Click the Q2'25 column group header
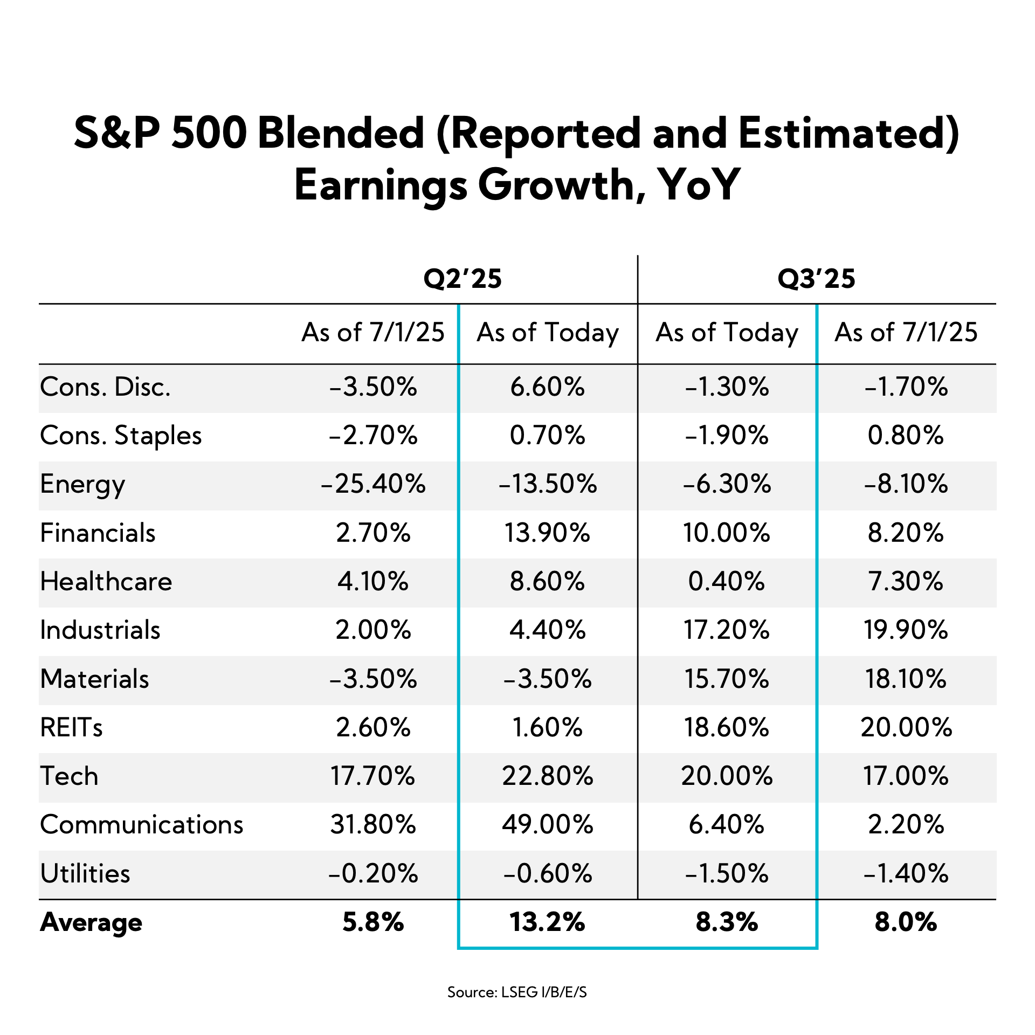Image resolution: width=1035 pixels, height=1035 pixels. [x=463, y=279]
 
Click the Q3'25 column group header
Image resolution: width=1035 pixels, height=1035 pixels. [x=816, y=279]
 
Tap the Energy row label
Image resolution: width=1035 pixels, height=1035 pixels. [x=82, y=484]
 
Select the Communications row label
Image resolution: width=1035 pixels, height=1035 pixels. [x=141, y=824]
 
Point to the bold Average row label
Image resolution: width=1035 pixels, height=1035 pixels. [x=91, y=922]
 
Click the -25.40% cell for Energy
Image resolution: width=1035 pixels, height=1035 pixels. [x=373, y=484]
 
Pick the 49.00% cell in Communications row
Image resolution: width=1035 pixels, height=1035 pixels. [x=547, y=824]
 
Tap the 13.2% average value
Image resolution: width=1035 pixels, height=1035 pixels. [x=547, y=922]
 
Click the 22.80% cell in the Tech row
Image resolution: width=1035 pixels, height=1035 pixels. [x=547, y=776]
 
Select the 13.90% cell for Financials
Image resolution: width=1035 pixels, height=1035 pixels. [x=547, y=533]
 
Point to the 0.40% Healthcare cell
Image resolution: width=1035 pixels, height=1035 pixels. [x=726, y=582]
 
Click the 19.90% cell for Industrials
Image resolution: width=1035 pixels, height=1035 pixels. [x=906, y=630]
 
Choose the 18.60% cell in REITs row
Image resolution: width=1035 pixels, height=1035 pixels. [x=726, y=728]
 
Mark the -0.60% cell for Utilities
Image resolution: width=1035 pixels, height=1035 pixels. [x=547, y=873]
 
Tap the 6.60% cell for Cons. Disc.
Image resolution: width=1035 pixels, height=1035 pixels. [x=547, y=387]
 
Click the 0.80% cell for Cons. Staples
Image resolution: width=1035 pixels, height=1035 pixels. [x=906, y=436]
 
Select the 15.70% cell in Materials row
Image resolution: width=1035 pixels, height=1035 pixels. [x=726, y=679]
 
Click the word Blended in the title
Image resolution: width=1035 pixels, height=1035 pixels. [x=341, y=134]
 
